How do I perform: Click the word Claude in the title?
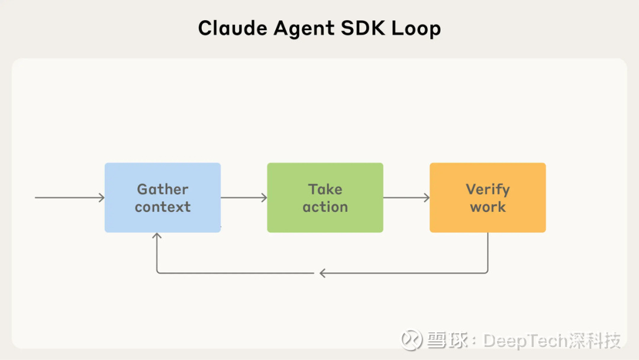click(233, 28)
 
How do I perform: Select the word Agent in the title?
click(304, 29)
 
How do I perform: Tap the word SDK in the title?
click(363, 28)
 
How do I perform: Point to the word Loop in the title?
click(416, 29)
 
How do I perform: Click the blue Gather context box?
click(163, 198)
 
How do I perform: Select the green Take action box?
click(325, 198)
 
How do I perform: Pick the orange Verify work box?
click(488, 198)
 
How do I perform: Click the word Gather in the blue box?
click(163, 189)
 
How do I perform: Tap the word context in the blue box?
click(163, 207)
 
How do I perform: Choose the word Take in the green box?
click(325, 189)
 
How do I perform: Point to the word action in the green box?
click(325, 207)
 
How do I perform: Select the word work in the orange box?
click(488, 207)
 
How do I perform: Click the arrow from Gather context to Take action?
click(244, 198)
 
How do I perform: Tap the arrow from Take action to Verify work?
click(406, 198)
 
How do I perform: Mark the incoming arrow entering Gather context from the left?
click(70, 198)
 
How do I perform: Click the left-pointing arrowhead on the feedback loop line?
click(322, 273)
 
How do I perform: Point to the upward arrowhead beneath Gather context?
click(157, 235)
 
